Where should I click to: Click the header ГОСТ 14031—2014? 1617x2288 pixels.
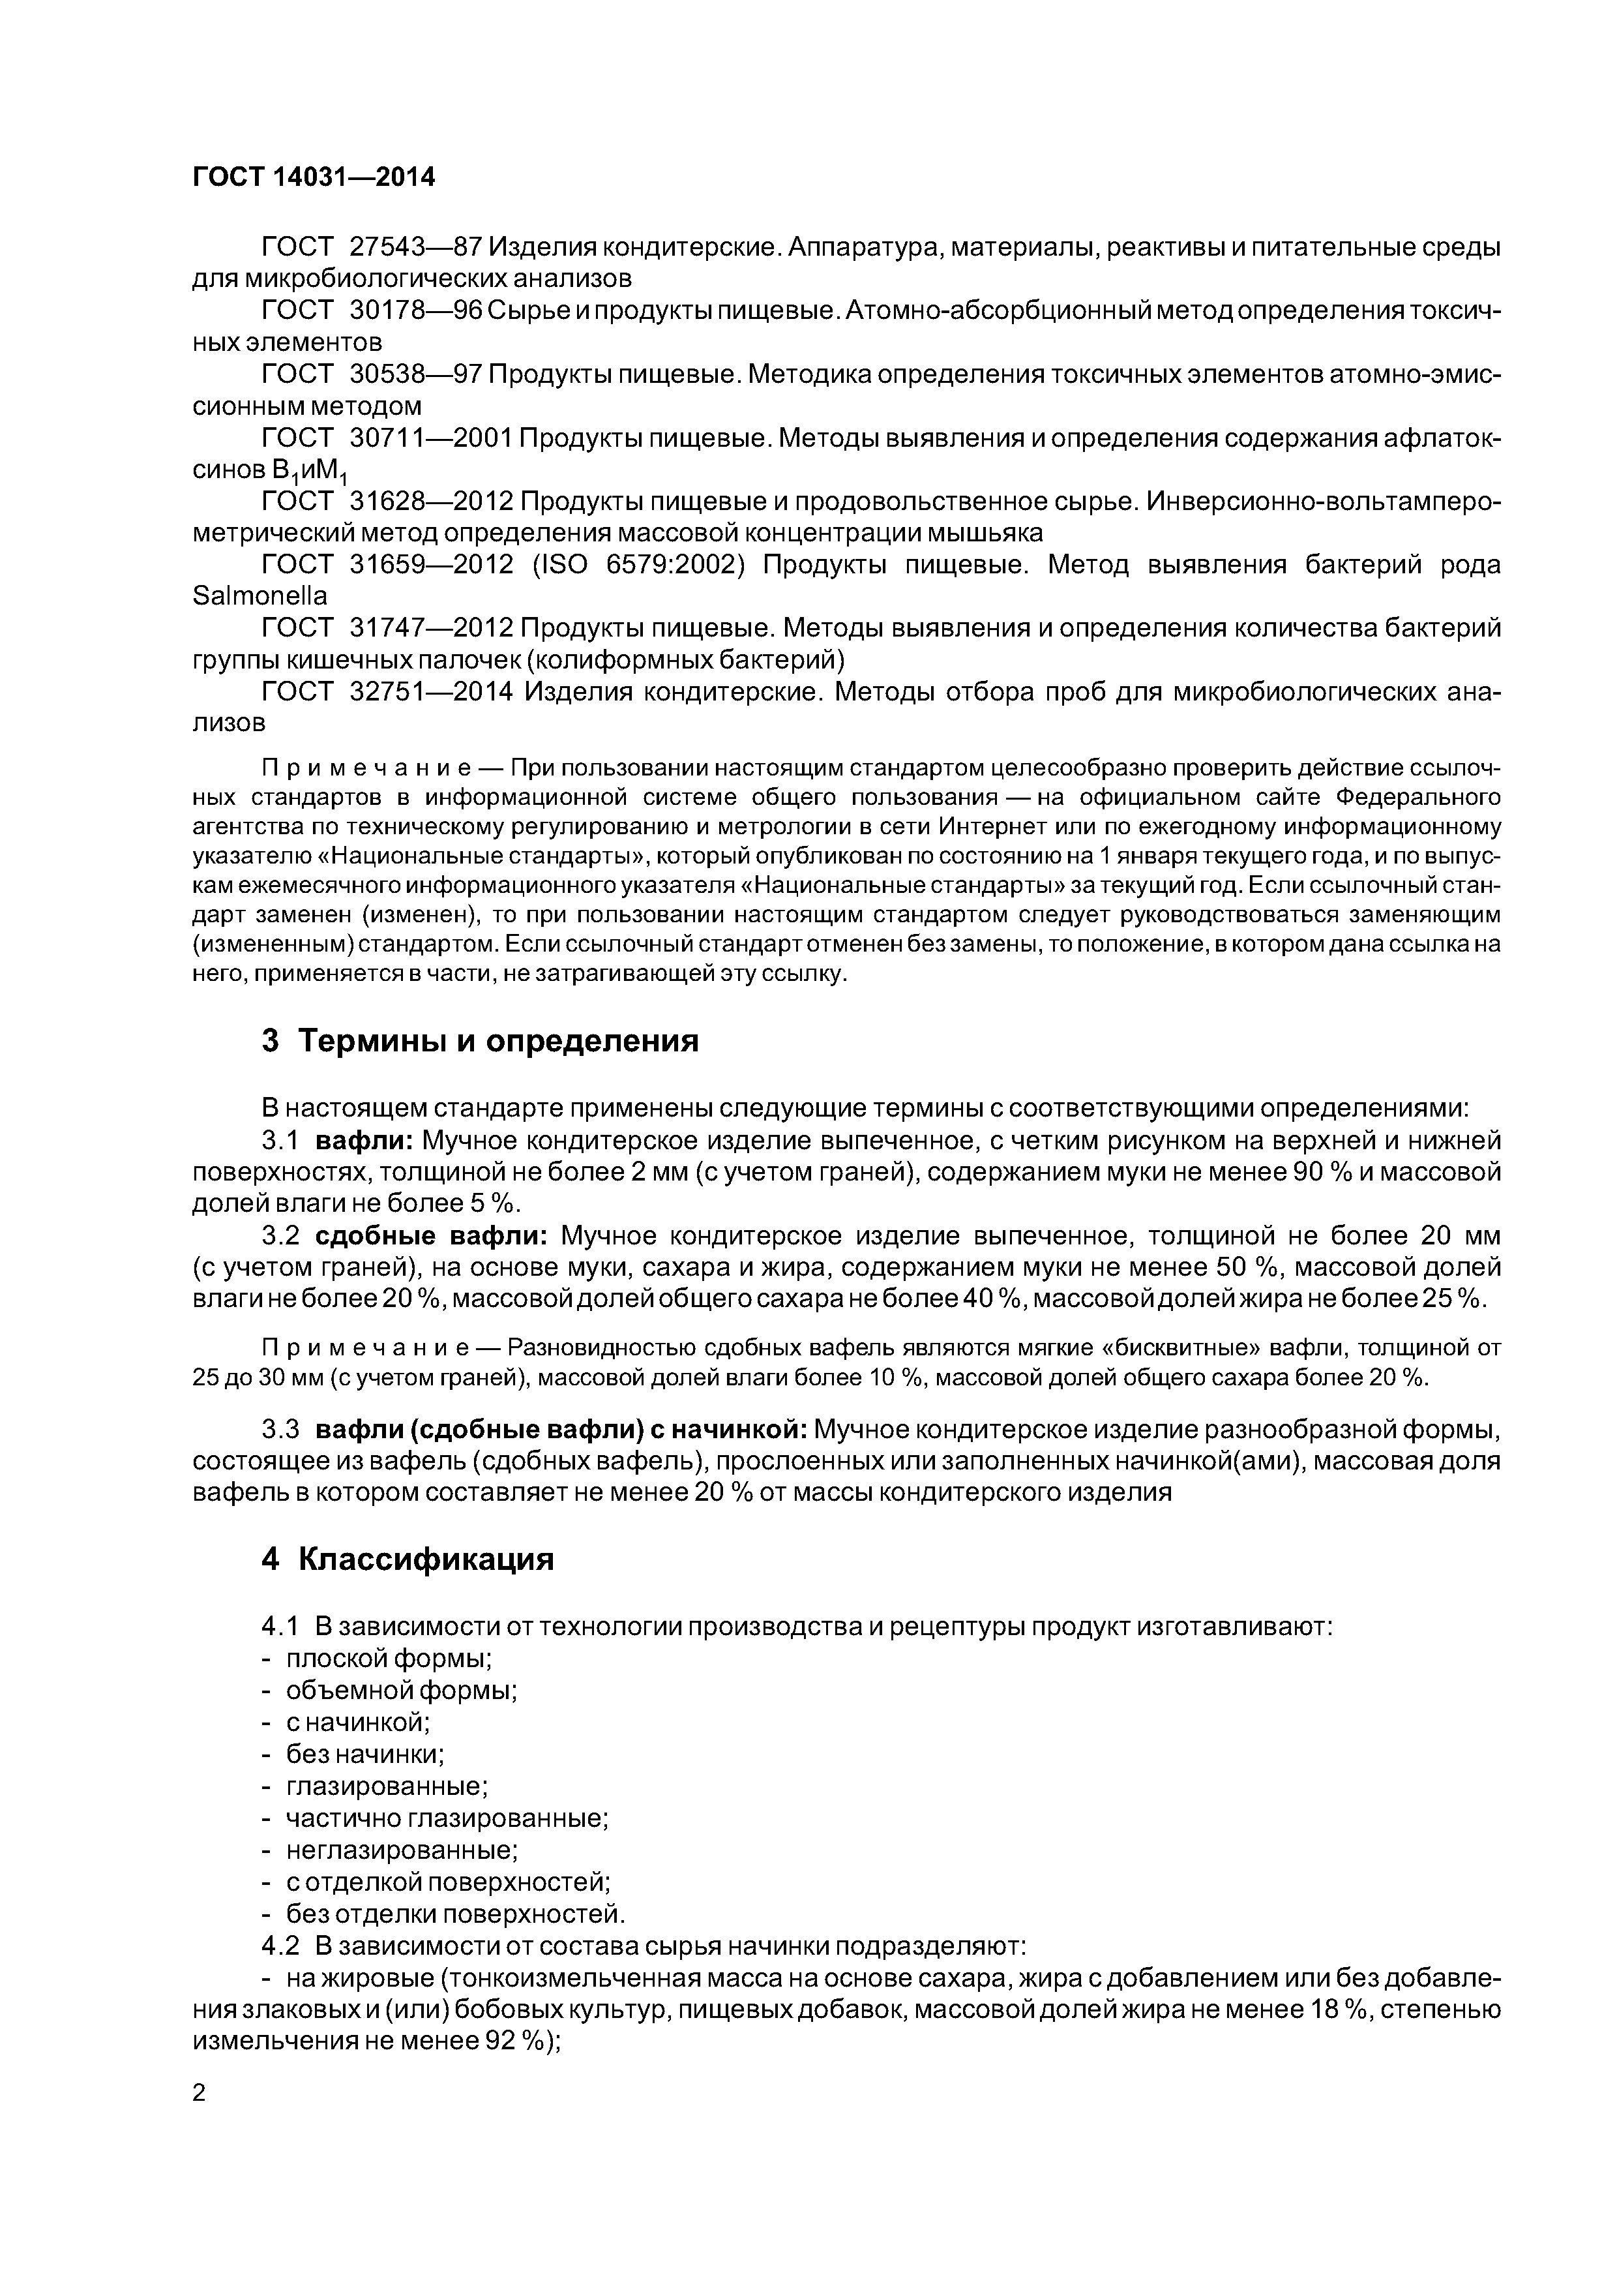[x=314, y=177]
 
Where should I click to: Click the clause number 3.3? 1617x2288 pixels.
[x=280, y=1429]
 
